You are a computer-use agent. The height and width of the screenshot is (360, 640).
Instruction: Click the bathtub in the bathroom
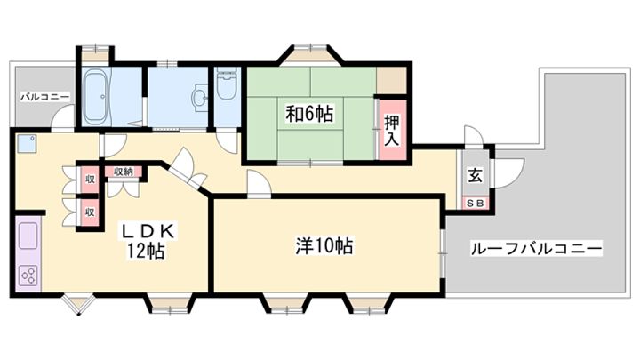96,96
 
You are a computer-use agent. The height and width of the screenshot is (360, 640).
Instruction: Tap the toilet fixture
227,84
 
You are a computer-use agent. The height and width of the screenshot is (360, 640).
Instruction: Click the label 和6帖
309,114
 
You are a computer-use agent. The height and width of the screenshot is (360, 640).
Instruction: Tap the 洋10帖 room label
324,246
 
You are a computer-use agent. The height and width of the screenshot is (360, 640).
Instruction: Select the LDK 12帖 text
147,242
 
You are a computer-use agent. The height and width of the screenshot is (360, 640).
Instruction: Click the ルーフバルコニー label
536,249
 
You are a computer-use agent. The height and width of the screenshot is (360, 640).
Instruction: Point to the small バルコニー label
45,97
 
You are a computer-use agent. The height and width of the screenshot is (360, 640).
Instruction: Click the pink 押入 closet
392,130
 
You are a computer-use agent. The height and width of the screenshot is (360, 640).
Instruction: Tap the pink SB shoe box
475,203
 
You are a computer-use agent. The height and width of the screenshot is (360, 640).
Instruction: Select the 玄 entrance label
475,175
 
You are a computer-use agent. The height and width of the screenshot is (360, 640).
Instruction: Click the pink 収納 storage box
124,172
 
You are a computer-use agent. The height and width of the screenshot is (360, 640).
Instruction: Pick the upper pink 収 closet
90,179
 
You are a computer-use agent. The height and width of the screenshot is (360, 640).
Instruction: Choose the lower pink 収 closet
90,212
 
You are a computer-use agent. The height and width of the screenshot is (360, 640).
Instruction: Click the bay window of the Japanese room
311,55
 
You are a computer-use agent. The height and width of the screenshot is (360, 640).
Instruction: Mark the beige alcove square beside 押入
391,80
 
